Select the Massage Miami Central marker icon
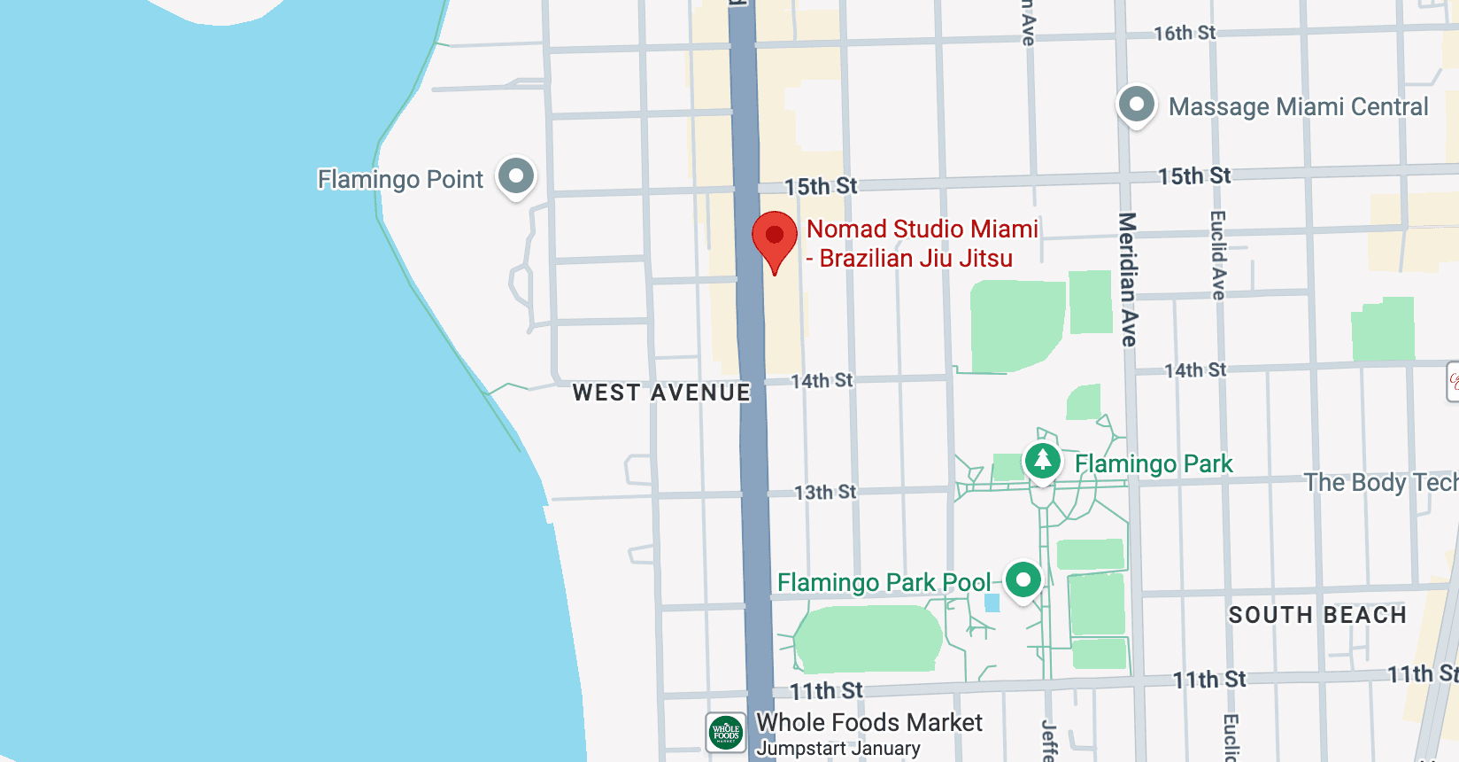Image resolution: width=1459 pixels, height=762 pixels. pyautogui.click(x=1137, y=105)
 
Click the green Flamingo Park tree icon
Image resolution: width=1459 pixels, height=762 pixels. pyautogui.click(x=1043, y=460)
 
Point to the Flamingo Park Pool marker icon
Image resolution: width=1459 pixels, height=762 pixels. pyautogui.click(x=1023, y=579)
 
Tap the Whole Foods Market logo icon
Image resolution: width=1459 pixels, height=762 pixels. pyautogui.click(x=726, y=733)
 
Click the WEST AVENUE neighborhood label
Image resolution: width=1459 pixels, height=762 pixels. pyautogui.click(x=661, y=393)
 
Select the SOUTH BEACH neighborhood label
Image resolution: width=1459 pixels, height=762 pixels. pyautogui.click(x=1317, y=615)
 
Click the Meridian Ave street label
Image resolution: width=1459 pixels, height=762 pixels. pyautogui.click(x=1128, y=279)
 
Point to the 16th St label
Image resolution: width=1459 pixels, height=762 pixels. pyautogui.click(x=1185, y=34)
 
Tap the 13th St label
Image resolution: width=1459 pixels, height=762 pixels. pyautogui.click(x=825, y=492)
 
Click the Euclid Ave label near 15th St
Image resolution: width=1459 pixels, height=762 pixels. pyautogui.click(x=1218, y=255)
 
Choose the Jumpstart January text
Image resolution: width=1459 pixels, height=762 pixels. pyautogui.click(x=838, y=749)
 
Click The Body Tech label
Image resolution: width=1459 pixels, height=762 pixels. pyautogui.click(x=1380, y=482)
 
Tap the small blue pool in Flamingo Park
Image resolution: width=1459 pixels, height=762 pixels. pyautogui.click(x=992, y=603)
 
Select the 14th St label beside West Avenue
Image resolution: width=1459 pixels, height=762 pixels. pyautogui.click(x=822, y=381)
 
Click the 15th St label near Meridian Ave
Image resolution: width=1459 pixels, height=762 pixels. pyautogui.click(x=1194, y=176)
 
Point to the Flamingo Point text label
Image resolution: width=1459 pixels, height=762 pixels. pyautogui.click(x=400, y=179)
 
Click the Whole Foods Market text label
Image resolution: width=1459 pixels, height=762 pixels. pyautogui.click(x=868, y=723)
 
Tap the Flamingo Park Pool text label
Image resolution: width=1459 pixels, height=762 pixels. pyautogui.click(x=884, y=582)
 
